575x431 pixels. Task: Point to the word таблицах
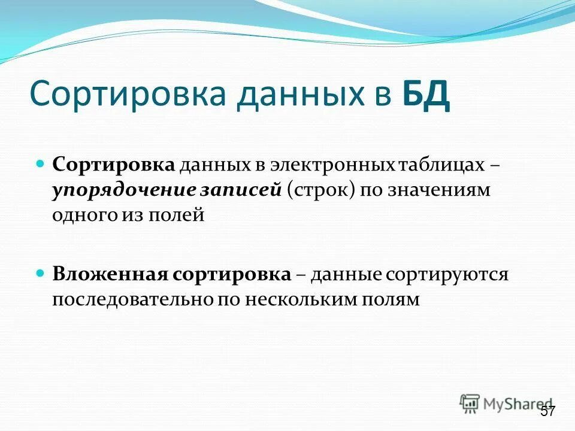[444, 165]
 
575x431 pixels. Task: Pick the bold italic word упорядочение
[123, 190]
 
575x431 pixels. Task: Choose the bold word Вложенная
[109, 274]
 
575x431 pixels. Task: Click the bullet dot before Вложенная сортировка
[41, 272]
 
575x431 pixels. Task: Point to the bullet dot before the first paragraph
[41, 163]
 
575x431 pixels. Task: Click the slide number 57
[547, 411]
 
